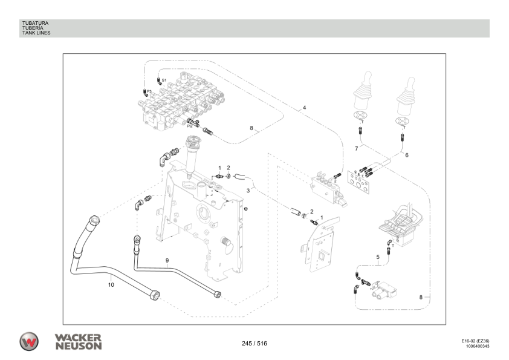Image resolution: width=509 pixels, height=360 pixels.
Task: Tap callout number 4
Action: [x=304, y=108]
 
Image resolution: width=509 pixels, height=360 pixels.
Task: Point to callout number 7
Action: [x=357, y=148]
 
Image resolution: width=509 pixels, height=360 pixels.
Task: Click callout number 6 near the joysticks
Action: [x=406, y=155]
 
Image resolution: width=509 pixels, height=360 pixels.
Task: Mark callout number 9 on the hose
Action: [x=167, y=260]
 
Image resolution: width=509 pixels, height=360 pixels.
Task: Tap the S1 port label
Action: [x=164, y=79]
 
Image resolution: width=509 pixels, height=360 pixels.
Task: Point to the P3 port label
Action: [x=149, y=91]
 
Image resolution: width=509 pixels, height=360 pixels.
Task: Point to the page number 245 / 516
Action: [x=254, y=344]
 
